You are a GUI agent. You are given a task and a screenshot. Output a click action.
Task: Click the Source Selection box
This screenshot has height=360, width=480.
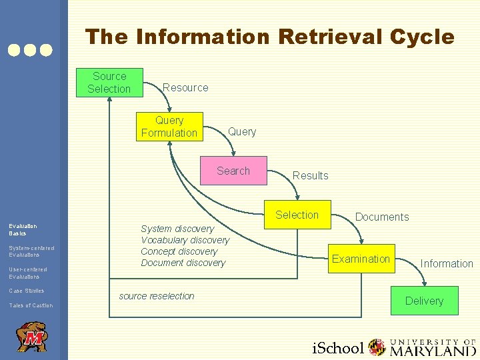pos(109,82)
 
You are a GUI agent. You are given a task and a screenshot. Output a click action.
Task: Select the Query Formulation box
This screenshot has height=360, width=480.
pos(169,126)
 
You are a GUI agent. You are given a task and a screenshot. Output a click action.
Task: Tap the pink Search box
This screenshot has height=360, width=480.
pos(233,171)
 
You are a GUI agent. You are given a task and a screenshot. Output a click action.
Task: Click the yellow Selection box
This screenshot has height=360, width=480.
pos(297,215)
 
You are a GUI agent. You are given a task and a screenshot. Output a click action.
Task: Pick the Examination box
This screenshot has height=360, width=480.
pos(361,259)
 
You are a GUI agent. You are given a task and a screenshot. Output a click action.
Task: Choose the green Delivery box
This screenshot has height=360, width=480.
pos(424,301)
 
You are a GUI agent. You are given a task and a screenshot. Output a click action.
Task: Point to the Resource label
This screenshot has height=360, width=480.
pos(185,87)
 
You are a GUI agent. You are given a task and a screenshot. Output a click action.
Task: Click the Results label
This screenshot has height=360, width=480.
pos(311,175)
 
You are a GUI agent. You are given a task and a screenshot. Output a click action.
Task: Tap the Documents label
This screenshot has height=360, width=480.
pos(382,217)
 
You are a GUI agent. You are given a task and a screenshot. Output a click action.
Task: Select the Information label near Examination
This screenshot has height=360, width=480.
pos(447,263)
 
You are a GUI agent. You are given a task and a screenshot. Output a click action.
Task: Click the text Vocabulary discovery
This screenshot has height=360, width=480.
pos(185,240)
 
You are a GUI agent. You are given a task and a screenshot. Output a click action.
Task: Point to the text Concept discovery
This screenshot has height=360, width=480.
pos(179,251)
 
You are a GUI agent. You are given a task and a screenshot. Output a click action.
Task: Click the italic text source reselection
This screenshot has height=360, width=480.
pos(157,295)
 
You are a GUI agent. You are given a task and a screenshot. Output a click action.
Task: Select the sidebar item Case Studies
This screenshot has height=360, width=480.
pos(27,291)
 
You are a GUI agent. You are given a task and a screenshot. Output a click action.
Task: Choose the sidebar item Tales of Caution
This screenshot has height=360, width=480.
pos(31,305)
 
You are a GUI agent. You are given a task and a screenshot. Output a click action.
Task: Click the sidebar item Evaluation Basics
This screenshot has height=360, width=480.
pos(23,230)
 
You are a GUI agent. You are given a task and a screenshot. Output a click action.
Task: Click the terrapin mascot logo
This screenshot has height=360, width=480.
pos(31,337)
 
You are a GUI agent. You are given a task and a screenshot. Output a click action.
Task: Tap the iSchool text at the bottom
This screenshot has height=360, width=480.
pos(339,347)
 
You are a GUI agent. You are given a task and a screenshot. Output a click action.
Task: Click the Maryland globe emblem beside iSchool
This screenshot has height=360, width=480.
pos(377,347)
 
